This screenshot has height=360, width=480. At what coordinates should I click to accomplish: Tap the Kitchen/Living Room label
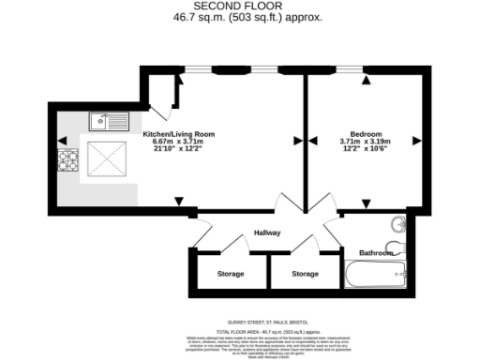(178, 134)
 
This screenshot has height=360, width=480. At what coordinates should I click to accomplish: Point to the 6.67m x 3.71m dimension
(178, 142)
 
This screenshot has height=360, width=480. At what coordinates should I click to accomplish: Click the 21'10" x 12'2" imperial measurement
(178, 151)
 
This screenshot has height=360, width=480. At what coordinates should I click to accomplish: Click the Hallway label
(266, 233)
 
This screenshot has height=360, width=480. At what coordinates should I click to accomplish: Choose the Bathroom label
(377, 253)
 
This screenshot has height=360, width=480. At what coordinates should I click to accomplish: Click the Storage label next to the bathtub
(305, 274)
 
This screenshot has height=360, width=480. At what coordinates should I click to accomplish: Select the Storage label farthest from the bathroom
(231, 274)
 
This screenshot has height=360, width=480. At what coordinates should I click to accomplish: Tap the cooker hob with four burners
(68, 161)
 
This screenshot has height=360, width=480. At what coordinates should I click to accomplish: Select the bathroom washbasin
(397, 225)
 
